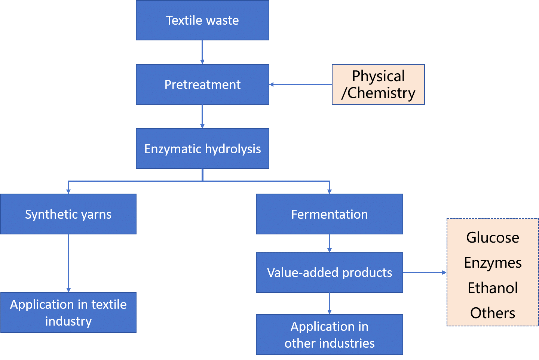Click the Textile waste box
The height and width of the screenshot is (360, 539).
[202, 20]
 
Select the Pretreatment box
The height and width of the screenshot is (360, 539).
[202, 84]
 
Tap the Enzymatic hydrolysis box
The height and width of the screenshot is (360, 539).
[202, 149]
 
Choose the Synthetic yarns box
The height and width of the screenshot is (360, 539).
[68, 214]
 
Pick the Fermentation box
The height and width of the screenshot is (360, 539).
[329, 214]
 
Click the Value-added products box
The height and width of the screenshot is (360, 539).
[329, 273]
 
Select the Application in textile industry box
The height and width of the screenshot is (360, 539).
[68, 313]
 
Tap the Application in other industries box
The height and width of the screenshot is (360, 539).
[329, 335]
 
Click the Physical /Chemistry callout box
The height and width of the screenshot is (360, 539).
[378, 84]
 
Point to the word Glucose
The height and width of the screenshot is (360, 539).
[493, 238]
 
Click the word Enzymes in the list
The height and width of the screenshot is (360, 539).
[493, 263]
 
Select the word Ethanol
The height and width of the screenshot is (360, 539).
[493, 288]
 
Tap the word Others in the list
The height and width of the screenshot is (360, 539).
[493, 313]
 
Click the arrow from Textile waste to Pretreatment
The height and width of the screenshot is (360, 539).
[202, 52]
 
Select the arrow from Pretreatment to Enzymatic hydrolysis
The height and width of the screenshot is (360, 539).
[202, 116]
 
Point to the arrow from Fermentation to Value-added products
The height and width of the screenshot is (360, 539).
[329, 243]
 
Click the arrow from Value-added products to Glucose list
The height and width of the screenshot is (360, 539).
[425, 273]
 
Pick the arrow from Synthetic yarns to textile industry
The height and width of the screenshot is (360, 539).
[68, 263]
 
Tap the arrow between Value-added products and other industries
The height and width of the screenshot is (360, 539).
[329, 303]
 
